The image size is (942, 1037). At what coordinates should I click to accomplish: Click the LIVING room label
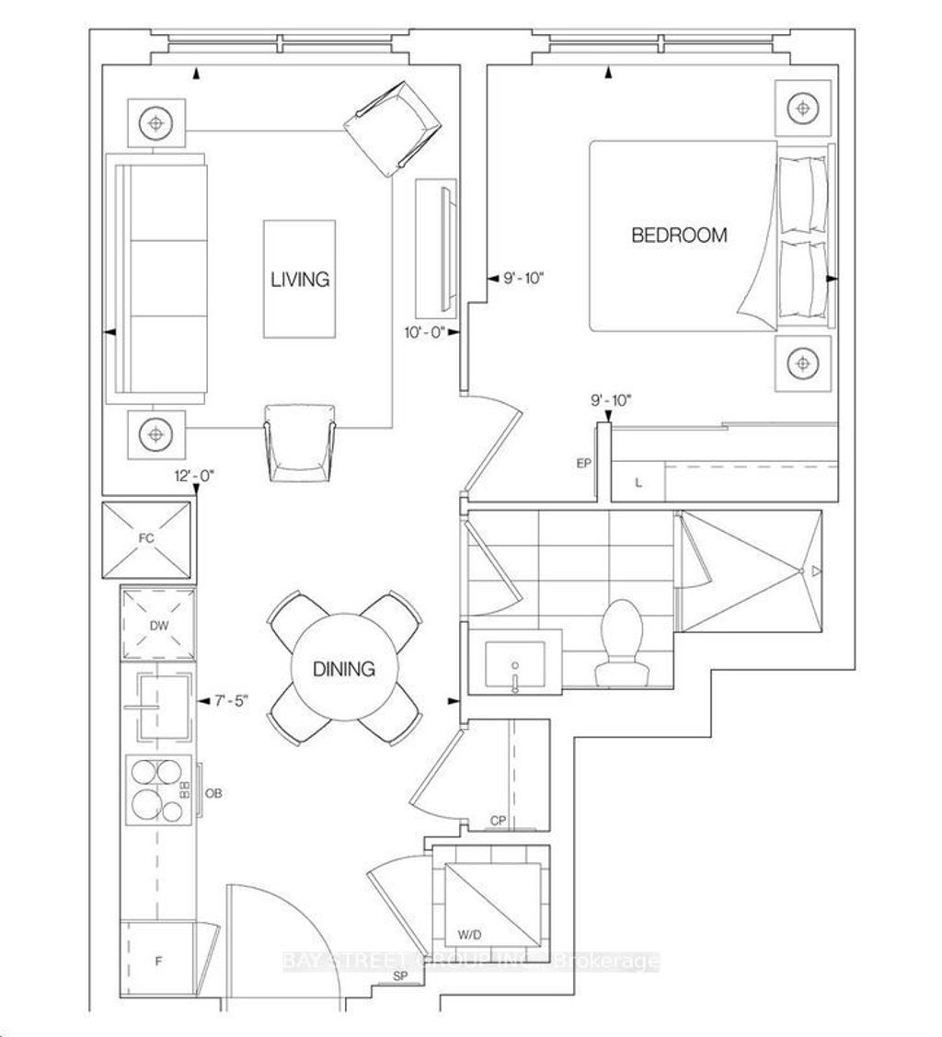point(300,279)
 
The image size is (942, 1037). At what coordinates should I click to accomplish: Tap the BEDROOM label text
point(679,235)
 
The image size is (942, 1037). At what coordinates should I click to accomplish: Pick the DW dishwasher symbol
point(157,623)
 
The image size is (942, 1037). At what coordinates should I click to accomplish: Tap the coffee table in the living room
point(300,279)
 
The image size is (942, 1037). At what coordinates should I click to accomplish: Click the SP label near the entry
point(400,975)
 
